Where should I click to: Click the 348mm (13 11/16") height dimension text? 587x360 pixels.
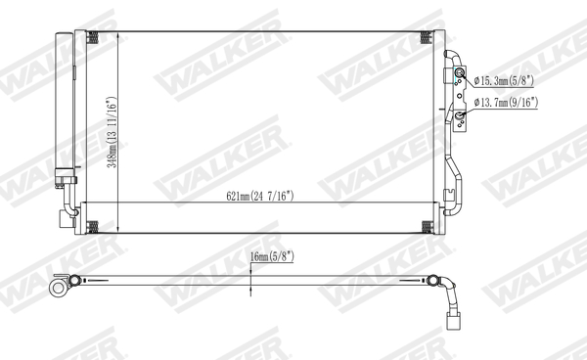tap(113, 132)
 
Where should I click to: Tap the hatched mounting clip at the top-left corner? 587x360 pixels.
tap(94, 38)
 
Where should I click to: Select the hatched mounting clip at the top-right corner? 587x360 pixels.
tap(426, 38)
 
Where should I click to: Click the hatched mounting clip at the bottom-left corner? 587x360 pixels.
tap(94, 227)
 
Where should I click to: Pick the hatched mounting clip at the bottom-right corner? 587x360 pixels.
tap(426, 227)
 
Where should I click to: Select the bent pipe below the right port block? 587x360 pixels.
tap(452, 186)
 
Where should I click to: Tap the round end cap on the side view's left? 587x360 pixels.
tap(64, 286)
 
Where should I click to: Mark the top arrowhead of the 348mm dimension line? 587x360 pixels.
tap(118, 34)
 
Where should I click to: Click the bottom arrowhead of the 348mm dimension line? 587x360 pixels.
tap(118, 231)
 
